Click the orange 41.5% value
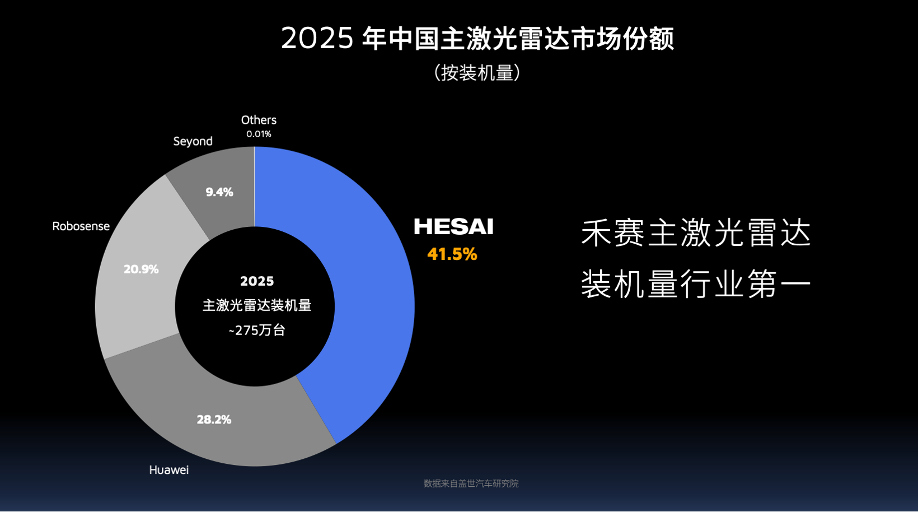(x=452, y=254)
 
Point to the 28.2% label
(x=214, y=420)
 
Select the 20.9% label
(x=141, y=269)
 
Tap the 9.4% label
(x=219, y=192)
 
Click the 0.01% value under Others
(x=259, y=134)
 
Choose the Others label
(x=259, y=120)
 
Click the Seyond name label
(x=193, y=141)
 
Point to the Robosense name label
(x=81, y=226)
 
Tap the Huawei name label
(x=168, y=470)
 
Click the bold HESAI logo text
(x=453, y=227)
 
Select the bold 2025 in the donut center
(x=257, y=281)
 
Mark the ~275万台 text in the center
(x=257, y=331)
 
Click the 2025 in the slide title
(x=317, y=39)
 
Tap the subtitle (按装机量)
(x=477, y=73)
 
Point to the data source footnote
(x=471, y=483)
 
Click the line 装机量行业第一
(x=696, y=285)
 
